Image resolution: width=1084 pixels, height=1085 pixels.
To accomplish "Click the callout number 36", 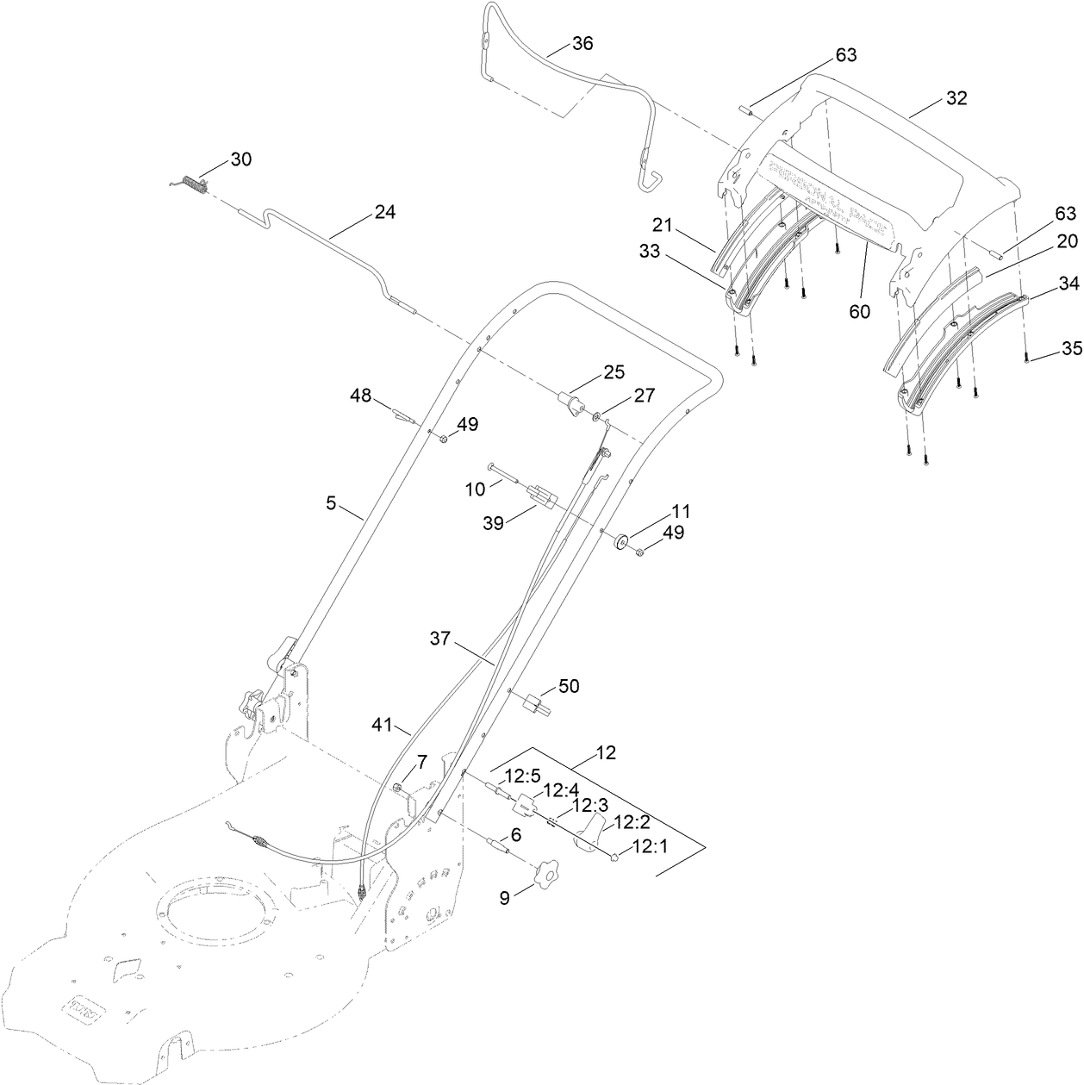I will (582, 43).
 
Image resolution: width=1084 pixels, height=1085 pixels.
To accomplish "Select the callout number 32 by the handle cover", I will (956, 98).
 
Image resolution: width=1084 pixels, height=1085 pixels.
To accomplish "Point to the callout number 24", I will (384, 212).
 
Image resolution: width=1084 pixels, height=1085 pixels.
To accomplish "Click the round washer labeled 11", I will (619, 544).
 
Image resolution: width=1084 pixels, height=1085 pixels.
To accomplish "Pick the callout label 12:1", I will (651, 847).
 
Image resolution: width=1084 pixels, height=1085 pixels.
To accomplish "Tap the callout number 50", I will (569, 686).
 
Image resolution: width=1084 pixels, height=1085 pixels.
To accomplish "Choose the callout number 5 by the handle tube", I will (331, 503).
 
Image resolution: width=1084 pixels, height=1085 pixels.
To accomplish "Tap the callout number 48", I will (361, 396).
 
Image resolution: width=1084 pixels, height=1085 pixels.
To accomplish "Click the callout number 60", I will (859, 312).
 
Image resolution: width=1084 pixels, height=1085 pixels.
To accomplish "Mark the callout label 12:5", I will (521, 776).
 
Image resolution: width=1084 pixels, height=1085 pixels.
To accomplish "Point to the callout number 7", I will (422, 761).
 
